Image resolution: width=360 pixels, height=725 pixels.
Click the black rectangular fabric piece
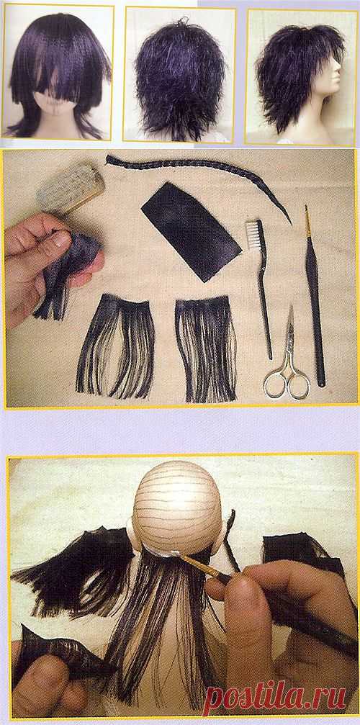click(191, 230)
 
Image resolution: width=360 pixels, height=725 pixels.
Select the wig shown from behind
click(179, 78)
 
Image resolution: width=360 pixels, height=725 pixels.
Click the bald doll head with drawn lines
click(177, 508)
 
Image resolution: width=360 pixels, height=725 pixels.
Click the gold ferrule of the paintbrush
click(199, 565)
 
